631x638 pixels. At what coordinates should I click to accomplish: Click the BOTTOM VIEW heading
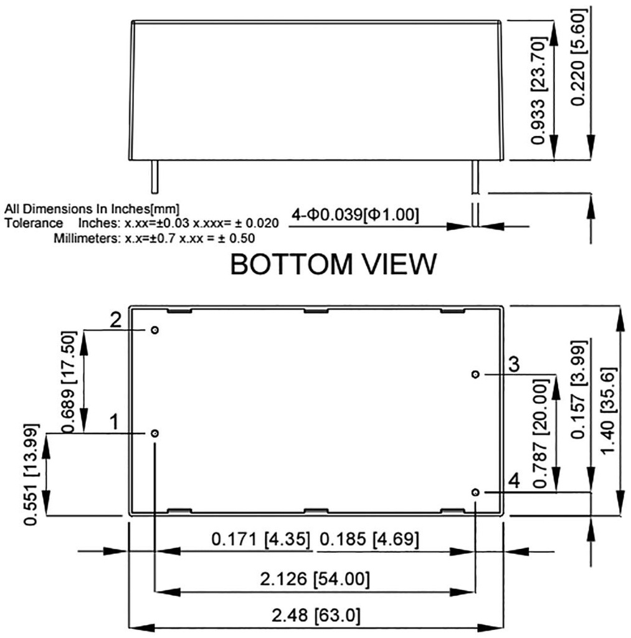(x=333, y=265)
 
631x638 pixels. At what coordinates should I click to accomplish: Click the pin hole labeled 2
(x=154, y=329)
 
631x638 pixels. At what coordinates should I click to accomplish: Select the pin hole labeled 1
(x=154, y=433)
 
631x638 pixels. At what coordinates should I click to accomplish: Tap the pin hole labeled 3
(x=475, y=374)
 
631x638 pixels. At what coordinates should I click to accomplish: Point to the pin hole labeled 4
(x=475, y=492)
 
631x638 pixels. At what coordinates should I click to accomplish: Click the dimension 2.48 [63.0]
(x=316, y=616)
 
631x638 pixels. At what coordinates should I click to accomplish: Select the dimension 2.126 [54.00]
(x=316, y=579)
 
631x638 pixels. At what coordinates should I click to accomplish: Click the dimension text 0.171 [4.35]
(x=261, y=538)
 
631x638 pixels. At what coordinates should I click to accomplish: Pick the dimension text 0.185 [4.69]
(x=368, y=538)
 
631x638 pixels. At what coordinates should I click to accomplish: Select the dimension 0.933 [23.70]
(x=539, y=90)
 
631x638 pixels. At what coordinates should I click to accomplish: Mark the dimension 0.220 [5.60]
(x=579, y=57)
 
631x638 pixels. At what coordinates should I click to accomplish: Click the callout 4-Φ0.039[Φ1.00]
(x=355, y=216)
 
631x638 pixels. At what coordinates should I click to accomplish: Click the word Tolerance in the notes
(x=34, y=223)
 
